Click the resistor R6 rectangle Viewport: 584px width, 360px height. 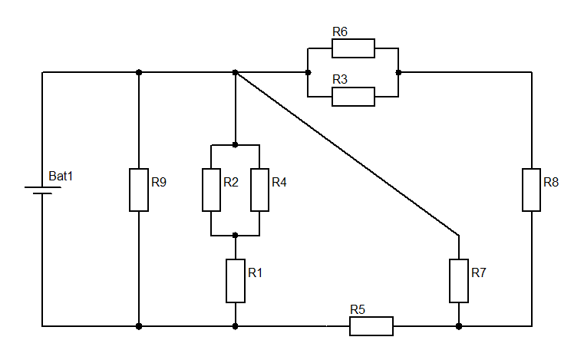point(353,48)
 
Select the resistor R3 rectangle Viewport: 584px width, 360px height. point(353,97)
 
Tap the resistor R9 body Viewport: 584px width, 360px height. point(139,190)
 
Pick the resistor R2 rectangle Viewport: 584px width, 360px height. point(211,190)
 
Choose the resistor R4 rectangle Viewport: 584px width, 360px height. point(259,190)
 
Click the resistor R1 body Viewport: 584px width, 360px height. point(236,281)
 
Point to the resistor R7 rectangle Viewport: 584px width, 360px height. point(459,281)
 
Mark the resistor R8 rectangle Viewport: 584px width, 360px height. point(532,190)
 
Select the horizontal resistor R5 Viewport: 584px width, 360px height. point(371,326)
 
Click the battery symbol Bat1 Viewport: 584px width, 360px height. point(42,190)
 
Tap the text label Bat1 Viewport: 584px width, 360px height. point(61,176)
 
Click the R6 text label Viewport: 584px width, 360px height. point(340,31)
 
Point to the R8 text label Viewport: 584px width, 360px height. point(551,182)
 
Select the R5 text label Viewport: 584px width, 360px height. point(358,309)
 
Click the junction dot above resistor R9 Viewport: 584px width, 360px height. point(139,72)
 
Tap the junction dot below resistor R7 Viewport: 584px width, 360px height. point(459,326)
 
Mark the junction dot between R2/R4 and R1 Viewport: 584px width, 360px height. point(235,235)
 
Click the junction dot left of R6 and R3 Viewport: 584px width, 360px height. point(308,72)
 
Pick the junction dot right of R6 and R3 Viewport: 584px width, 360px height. point(398,72)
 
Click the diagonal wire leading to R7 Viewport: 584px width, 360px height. point(347,154)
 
